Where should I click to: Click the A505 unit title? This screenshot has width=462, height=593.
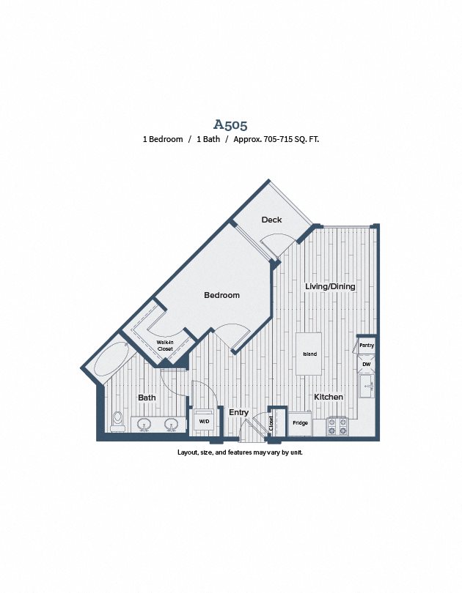coord(230,124)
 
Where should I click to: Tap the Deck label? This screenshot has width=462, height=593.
coord(271,220)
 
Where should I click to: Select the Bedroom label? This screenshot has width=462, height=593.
coord(222,295)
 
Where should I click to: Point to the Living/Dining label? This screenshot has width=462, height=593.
coord(330,286)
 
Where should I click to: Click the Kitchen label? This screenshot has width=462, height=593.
coord(329,397)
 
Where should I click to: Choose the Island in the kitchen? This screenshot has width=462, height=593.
coord(309,354)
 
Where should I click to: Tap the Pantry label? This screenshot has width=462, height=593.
coord(367,346)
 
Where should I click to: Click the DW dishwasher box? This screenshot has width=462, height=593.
coord(367,364)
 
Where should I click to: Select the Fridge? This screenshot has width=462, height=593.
coord(301,423)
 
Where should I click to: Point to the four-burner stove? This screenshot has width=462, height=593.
coord(338,426)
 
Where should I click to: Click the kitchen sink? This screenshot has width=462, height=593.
coord(367,386)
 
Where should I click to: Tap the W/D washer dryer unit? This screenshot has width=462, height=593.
coord(205,420)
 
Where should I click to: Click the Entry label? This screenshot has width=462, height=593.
coord(239,412)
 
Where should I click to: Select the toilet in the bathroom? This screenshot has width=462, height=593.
coord(118,422)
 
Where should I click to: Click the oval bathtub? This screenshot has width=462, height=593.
coord(111,359)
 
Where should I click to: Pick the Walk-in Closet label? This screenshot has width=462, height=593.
coord(165,346)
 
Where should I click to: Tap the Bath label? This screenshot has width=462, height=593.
coord(147,398)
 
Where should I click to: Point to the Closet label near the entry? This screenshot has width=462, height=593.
coord(271,423)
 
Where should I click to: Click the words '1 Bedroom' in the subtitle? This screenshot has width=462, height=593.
coord(163,139)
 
